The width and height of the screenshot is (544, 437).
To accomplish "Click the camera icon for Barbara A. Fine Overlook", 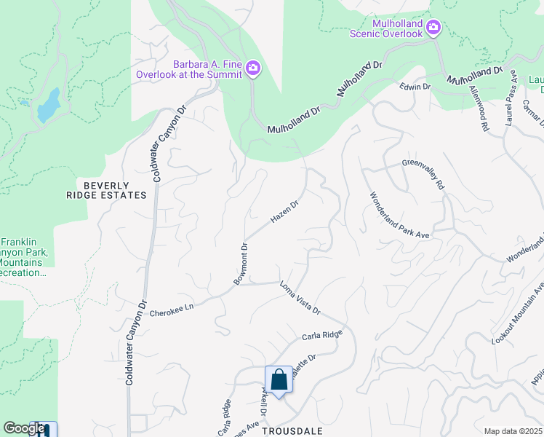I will click(x=253, y=68).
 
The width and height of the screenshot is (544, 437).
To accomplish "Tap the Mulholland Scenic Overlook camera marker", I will click(x=434, y=28).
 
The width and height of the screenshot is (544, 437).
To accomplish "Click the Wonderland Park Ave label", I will click(x=401, y=216).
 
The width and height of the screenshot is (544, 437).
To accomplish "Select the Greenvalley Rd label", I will click(x=423, y=176).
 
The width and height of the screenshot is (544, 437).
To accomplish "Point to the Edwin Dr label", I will click(x=415, y=86).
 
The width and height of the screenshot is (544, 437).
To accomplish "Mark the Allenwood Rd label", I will click(x=478, y=108).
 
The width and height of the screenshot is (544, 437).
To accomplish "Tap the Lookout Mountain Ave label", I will click(x=517, y=313).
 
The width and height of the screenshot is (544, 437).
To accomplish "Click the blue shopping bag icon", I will click(x=279, y=379).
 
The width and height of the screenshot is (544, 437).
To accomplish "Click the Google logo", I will click(x=23, y=428).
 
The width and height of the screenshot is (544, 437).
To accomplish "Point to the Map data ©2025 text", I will click(x=513, y=431).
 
